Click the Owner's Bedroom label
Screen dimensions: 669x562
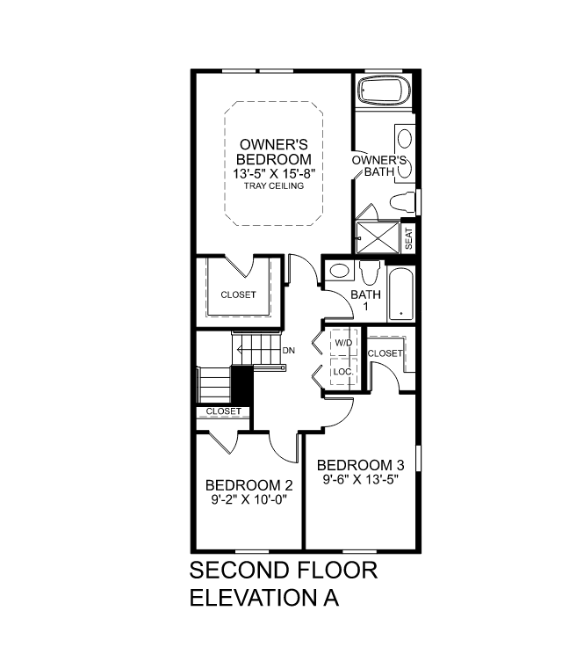(274, 151)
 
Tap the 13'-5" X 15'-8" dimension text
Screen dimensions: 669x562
(274, 174)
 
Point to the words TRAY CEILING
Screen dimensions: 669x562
(274, 186)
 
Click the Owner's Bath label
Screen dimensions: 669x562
(378, 166)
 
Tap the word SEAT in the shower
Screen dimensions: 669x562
(408, 237)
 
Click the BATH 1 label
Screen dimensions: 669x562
(365, 300)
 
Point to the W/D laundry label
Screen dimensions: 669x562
(343, 342)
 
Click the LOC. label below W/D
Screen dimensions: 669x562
(343, 372)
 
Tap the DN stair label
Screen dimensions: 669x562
(289, 351)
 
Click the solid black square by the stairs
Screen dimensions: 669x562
(241, 384)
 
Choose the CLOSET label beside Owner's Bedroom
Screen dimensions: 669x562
(238, 295)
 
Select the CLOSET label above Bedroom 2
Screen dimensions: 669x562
(223, 411)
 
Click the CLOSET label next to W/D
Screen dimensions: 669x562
(385, 353)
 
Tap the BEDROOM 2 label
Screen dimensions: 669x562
(249, 485)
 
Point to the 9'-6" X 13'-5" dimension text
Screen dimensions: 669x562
(361, 480)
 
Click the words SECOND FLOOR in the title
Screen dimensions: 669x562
(284, 570)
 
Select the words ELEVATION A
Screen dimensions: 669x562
(264, 598)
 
